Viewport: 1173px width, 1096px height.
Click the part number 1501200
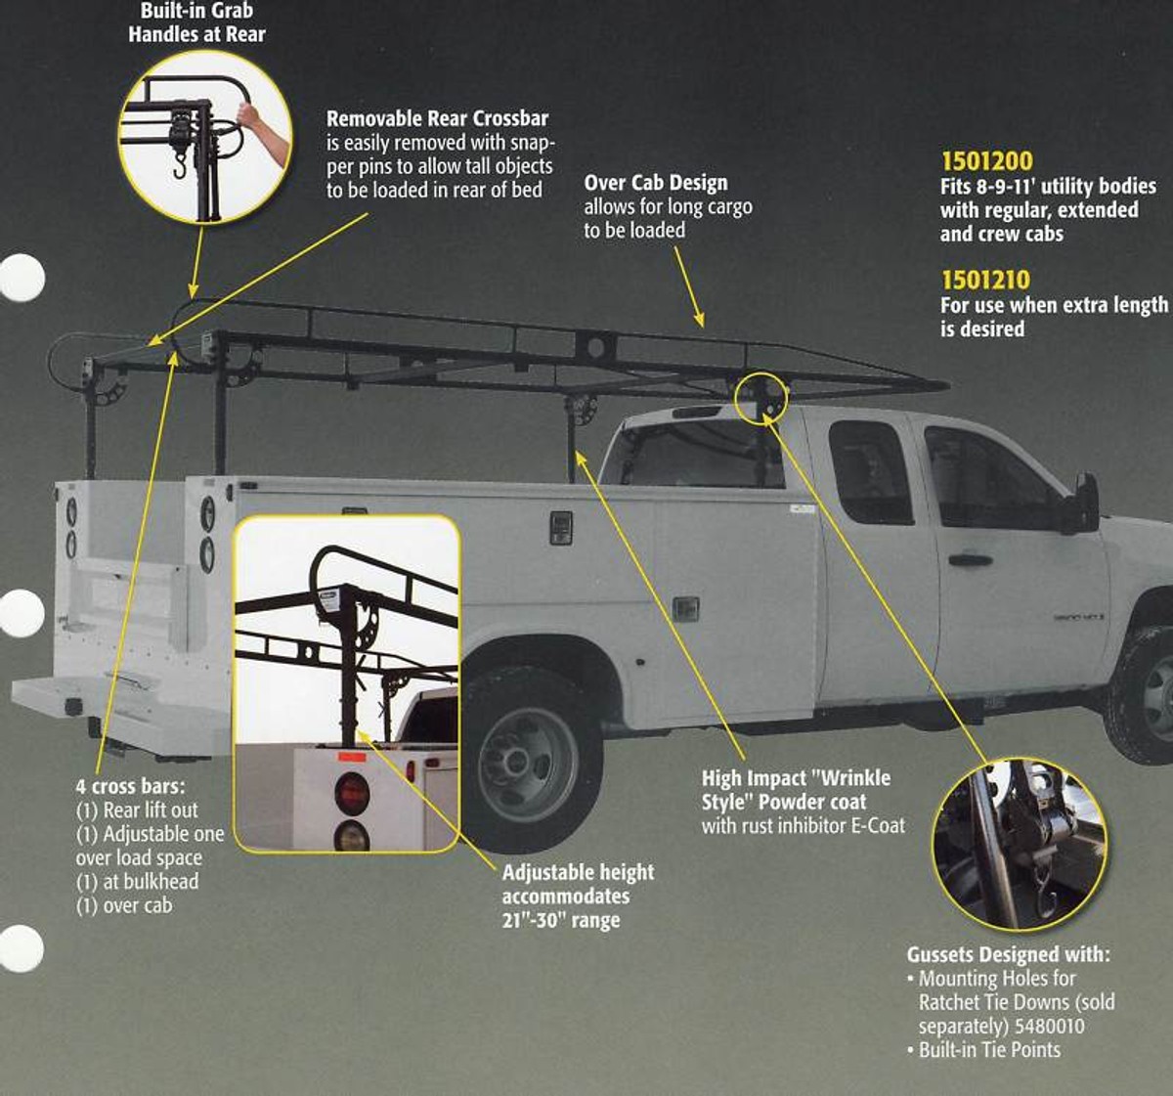pos(986,161)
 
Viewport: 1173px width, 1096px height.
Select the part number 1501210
pos(985,280)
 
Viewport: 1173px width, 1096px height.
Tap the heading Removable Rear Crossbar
pos(437,118)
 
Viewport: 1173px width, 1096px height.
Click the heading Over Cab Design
pos(655,183)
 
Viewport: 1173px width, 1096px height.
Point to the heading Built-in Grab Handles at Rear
pos(196,22)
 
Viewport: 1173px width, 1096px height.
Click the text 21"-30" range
pos(561,920)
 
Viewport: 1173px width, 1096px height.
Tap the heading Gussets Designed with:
pos(1008,954)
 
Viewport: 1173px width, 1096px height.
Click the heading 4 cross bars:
pos(130,786)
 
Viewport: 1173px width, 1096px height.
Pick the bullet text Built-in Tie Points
pos(989,1050)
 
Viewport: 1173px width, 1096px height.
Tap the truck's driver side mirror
pos(1084,504)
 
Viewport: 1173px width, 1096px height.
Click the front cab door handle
pos(969,560)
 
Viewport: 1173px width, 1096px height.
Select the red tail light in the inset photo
pos(351,792)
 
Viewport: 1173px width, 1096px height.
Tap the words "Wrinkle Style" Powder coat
pos(795,790)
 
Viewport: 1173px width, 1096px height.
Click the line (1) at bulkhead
pos(137,881)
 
